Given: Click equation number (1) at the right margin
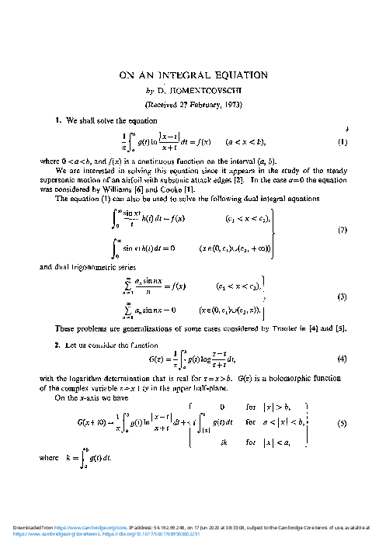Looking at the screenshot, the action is [x=343, y=142].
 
